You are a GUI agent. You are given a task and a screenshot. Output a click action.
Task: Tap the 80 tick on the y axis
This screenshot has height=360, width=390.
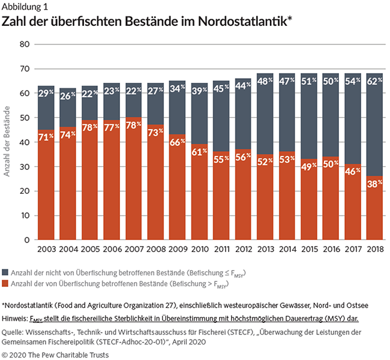(x=25, y=44)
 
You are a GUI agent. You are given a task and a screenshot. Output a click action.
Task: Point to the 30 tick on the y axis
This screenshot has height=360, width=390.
(x=25, y=167)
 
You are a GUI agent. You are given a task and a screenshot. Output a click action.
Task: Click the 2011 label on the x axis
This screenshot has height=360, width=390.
(x=221, y=248)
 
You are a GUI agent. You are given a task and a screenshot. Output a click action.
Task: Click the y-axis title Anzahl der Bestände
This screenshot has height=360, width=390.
(x=10, y=142)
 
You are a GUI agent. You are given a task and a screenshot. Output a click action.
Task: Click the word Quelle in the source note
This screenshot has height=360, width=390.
(x=15, y=331)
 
